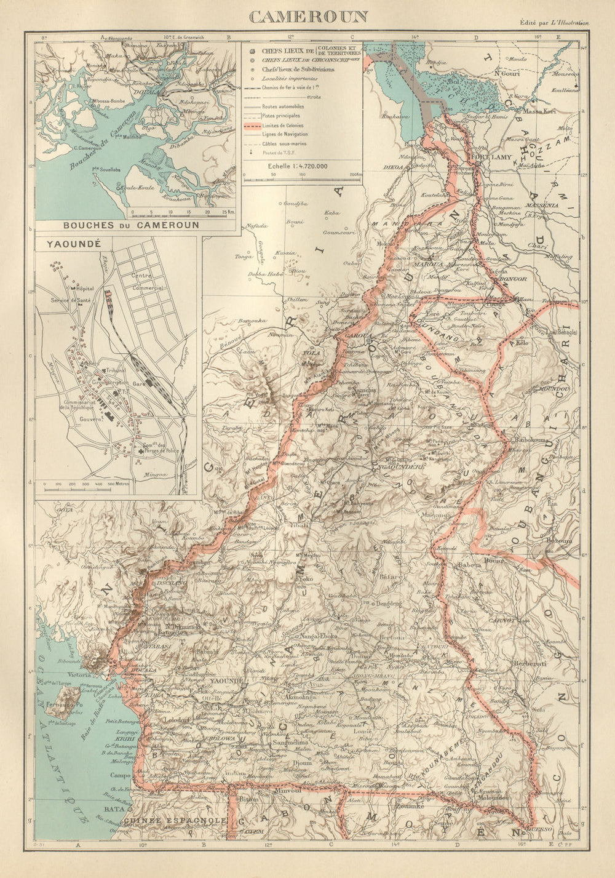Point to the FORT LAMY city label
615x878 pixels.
coord(487,157)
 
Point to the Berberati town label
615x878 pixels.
coord(528,666)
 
